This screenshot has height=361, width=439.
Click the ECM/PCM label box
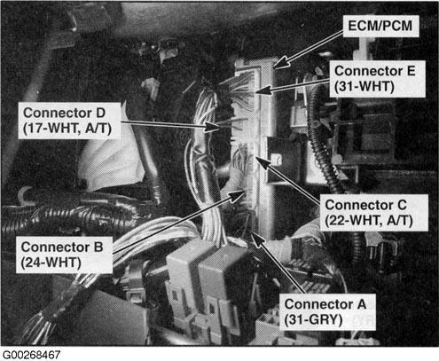pos(380,26)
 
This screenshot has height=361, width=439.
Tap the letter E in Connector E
pos(410,71)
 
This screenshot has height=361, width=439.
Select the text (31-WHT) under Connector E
pos(365,86)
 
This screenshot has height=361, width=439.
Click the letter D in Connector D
pos(100,113)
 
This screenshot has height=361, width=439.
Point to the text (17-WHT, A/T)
pos(67,129)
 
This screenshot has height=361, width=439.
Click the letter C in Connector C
pos(402,205)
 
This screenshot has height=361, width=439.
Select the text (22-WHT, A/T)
pos(369,221)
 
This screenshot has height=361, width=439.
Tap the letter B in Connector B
pos(98,247)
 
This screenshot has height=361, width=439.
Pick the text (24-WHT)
pos(51,263)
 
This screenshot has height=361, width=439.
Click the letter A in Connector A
pos(361,304)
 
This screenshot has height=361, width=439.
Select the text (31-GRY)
pos(313,319)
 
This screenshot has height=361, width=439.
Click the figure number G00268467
pos(31,355)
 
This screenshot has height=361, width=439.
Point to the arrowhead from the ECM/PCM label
pos(281,62)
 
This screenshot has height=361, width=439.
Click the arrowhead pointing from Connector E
pos(263,90)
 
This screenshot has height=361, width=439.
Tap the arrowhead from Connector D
pos(213,127)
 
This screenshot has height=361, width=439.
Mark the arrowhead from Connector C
pos(263,162)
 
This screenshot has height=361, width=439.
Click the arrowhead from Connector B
pos(237,196)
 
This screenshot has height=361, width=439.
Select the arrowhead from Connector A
pos(258,239)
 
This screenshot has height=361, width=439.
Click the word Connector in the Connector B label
pos(55,247)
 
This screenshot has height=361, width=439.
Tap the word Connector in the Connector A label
pos(318,304)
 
